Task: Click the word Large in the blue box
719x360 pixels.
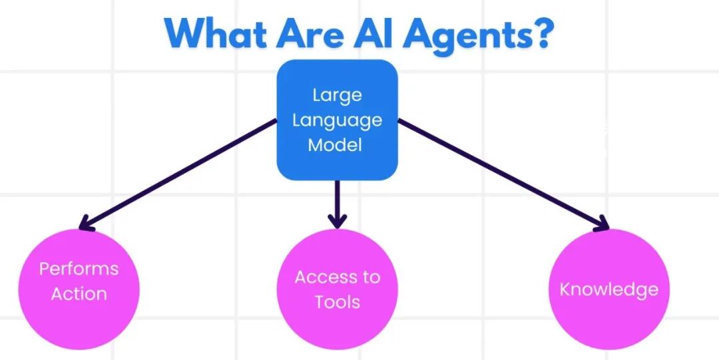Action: coord(337,94)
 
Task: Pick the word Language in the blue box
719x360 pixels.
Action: coord(337,120)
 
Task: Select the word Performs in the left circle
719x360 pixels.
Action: coord(79,269)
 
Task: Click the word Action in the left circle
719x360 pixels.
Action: coord(79,293)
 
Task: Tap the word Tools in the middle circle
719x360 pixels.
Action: coord(338,301)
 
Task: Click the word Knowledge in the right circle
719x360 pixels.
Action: coord(608,289)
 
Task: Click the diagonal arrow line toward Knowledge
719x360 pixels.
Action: coord(499,173)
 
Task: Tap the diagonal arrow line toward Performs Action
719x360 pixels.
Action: coord(180,173)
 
